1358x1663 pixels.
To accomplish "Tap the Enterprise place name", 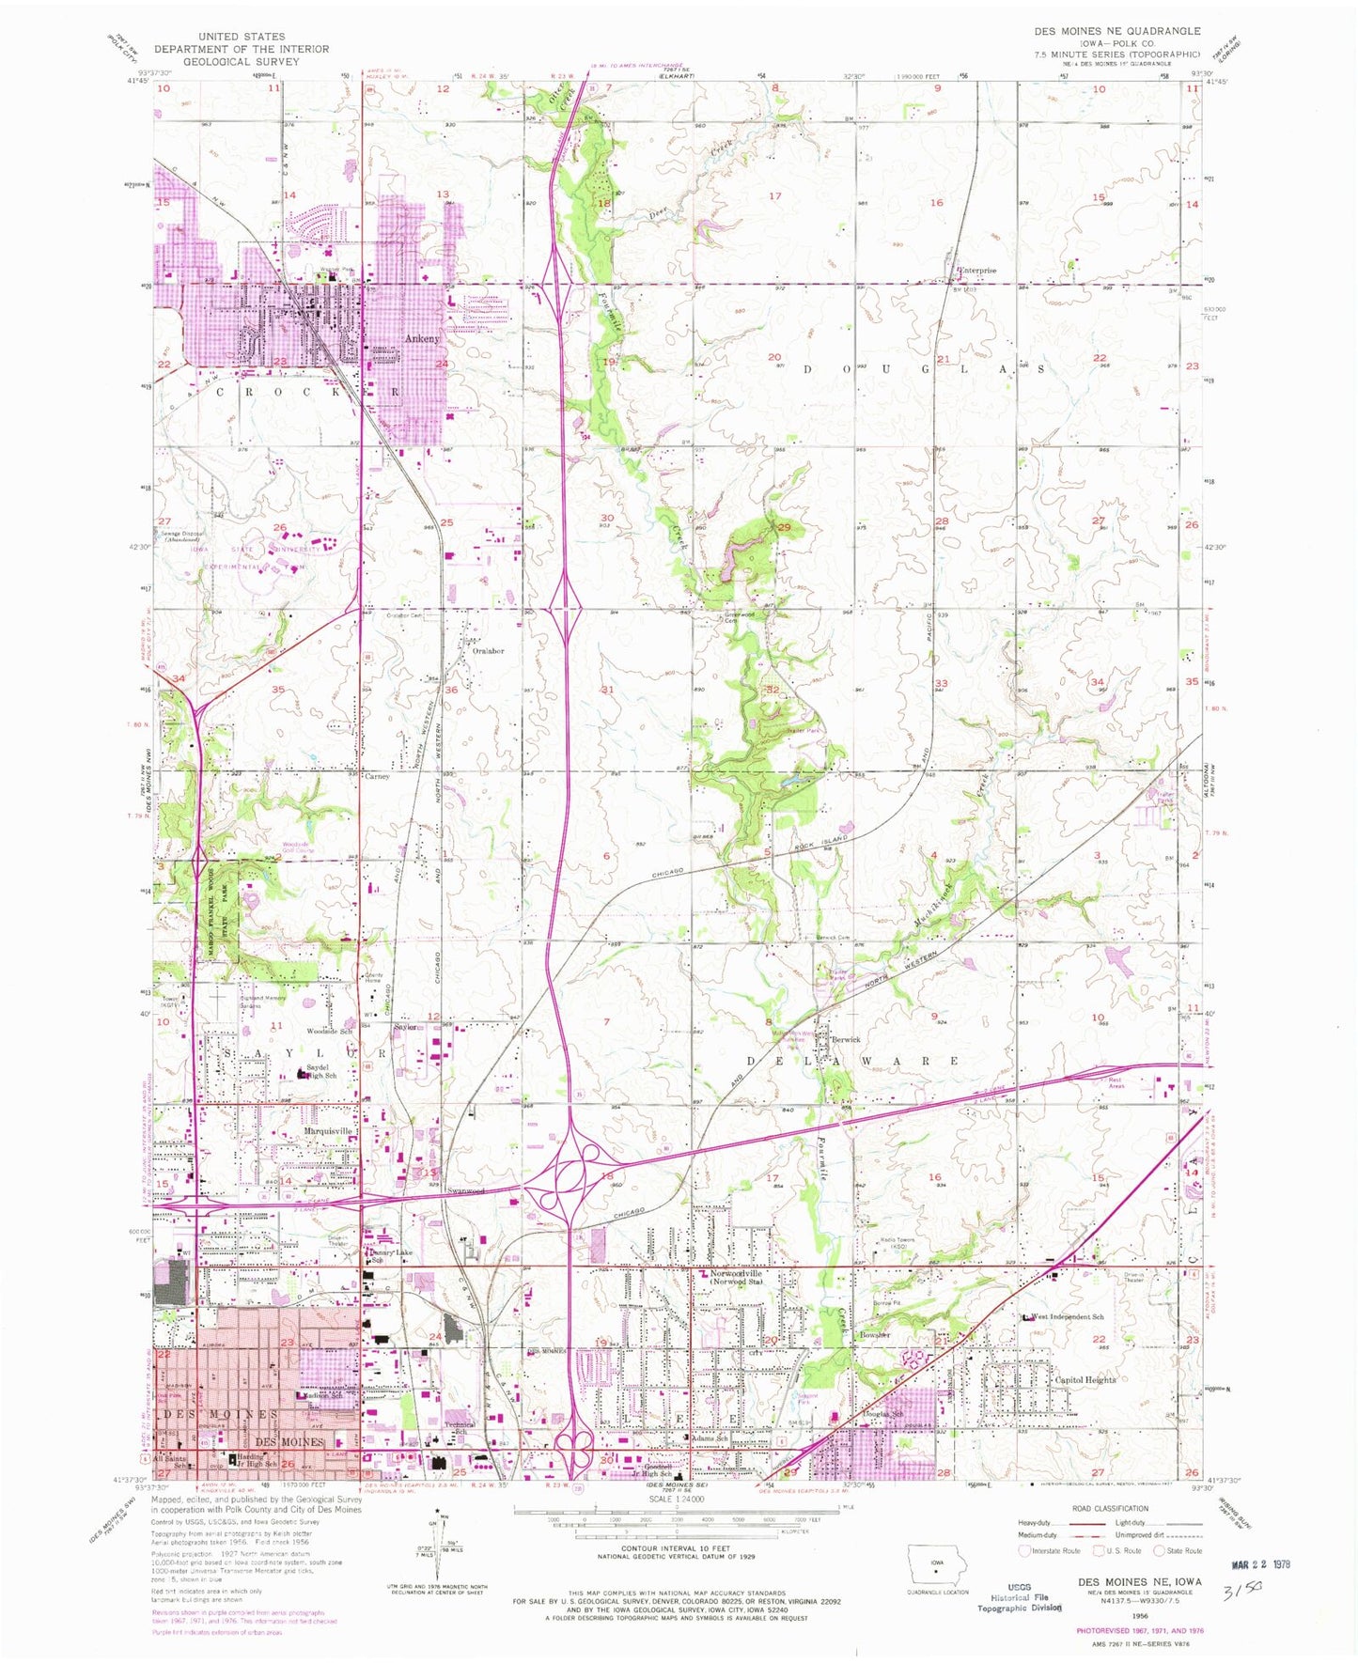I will (977, 271).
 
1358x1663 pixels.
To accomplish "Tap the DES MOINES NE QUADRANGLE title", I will (1117, 31).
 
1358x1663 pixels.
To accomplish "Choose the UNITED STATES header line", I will (242, 37).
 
